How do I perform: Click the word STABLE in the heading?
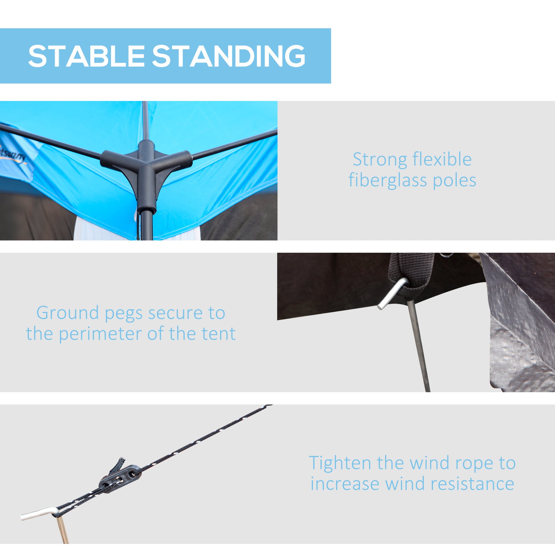click(x=86, y=56)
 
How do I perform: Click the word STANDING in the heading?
click(x=228, y=56)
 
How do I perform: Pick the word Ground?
click(x=68, y=313)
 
